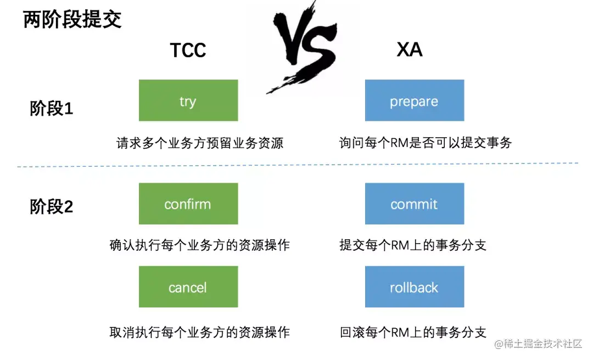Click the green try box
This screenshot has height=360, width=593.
tap(188, 100)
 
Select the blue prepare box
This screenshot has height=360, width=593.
tap(414, 100)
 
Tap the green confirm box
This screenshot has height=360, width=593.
tap(188, 204)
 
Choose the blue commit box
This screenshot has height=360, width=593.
tap(414, 204)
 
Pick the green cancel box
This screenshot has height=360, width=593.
tap(188, 286)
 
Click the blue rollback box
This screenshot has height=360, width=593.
tap(414, 286)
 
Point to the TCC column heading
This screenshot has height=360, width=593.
tap(188, 50)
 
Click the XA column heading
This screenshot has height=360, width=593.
tap(410, 50)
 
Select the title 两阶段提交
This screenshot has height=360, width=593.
tap(72, 20)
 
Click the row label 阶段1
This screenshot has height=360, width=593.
tap(51, 109)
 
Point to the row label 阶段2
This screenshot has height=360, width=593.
tap(51, 207)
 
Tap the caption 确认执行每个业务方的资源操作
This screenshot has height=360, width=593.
tap(200, 245)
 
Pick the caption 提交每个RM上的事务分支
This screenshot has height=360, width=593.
tap(413, 245)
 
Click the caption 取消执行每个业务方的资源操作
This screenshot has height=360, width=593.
tap(200, 333)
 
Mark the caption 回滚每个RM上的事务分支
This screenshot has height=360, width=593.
tap(413, 333)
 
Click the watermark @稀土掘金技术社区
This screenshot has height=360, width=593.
tap(538, 344)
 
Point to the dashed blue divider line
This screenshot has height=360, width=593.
tap(296, 165)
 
